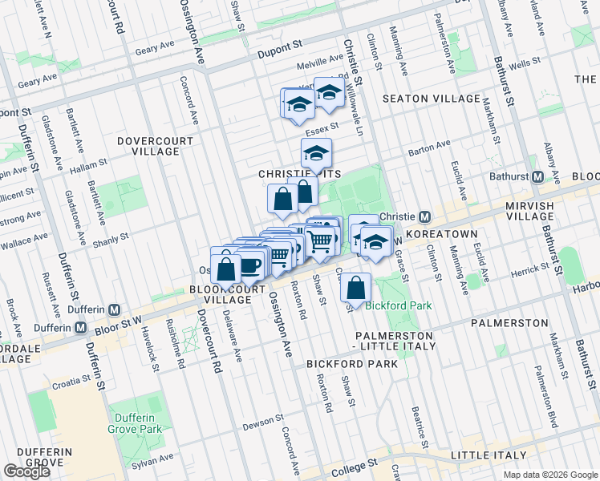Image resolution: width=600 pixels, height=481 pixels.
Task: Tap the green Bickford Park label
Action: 399,305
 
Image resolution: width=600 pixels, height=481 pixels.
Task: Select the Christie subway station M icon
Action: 425,216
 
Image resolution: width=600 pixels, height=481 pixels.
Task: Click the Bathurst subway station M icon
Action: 537,176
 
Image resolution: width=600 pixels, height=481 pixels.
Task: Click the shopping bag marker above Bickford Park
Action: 355,287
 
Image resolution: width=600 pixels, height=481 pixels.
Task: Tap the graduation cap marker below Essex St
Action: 316,152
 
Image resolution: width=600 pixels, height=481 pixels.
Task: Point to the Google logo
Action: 26,471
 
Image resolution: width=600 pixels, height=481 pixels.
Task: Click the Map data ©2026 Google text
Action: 550,475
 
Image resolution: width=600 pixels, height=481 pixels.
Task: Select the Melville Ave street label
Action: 319,61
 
